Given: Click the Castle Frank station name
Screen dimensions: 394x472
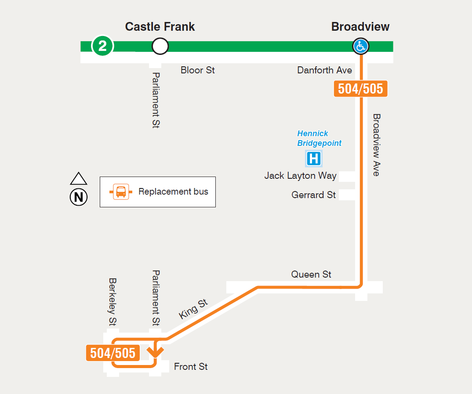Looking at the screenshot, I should pyautogui.click(x=160, y=27).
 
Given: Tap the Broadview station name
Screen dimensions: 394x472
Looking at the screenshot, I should pyautogui.click(x=360, y=27).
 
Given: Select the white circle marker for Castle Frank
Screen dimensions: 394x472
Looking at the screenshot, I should pyautogui.click(x=160, y=46).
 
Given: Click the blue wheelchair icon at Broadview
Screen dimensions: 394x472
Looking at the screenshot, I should pyautogui.click(x=361, y=46).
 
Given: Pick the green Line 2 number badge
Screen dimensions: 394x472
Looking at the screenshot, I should pyautogui.click(x=102, y=46).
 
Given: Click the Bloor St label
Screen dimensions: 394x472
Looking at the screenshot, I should pyautogui.click(x=198, y=70).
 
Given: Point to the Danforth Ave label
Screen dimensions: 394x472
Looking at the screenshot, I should pyautogui.click(x=324, y=70).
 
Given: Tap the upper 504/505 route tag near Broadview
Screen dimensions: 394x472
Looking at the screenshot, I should pyautogui.click(x=360, y=89).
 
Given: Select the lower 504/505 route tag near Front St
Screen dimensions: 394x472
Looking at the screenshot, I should pyautogui.click(x=113, y=353).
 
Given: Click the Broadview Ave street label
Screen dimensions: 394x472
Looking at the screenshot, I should pyautogui.click(x=376, y=145).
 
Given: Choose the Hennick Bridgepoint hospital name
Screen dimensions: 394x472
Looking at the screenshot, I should pyautogui.click(x=319, y=138).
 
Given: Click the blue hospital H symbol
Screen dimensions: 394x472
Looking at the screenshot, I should pyautogui.click(x=314, y=159).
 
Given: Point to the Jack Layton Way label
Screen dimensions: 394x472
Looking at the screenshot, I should pyautogui.click(x=300, y=176).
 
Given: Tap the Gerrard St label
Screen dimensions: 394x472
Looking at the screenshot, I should pyautogui.click(x=313, y=195).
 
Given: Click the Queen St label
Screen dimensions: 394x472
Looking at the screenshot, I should pyautogui.click(x=311, y=275).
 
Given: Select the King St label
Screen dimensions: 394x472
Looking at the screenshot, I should pyautogui.click(x=193, y=309).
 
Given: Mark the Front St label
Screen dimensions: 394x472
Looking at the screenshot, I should pyautogui.click(x=191, y=367).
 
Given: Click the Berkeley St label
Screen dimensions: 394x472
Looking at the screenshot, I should pyautogui.click(x=113, y=302).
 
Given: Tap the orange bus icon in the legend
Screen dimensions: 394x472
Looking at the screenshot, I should pyautogui.click(x=121, y=192).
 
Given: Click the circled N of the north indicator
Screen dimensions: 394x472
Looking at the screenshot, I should pyautogui.click(x=79, y=197).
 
